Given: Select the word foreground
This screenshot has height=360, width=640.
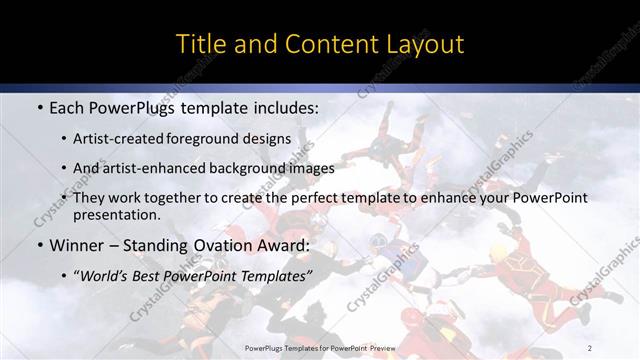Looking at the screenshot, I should pyautogui.click(x=209, y=138).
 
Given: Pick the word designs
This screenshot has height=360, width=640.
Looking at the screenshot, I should pyautogui.click(x=269, y=138).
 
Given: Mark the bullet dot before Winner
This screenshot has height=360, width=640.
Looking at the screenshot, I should pyautogui.click(x=39, y=246).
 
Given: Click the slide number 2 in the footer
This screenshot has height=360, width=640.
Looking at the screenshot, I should pyautogui.click(x=590, y=348).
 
